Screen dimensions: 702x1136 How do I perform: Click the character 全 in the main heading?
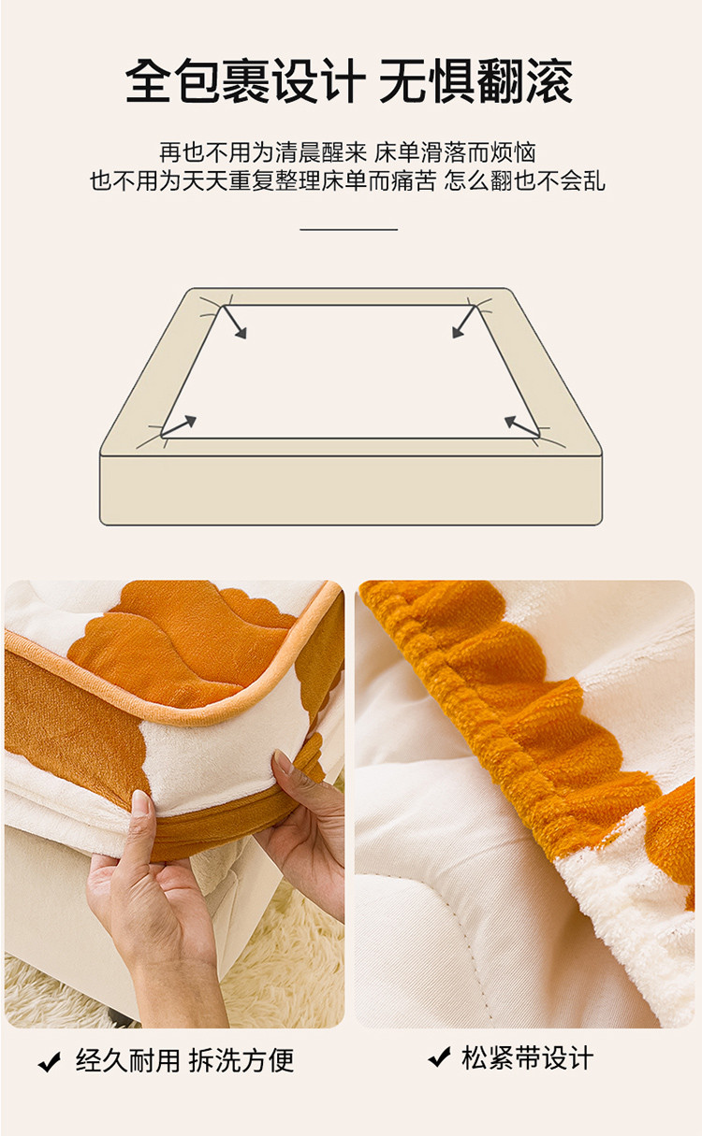click(x=148, y=81)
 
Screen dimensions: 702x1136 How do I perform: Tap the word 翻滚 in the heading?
click(x=525, y=81)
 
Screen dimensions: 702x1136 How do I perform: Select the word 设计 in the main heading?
click(x=319, y=81)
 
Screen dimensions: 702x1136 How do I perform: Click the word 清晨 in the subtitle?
click(x=298, y=152)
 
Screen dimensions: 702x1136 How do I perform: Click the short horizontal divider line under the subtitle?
click(x=348, y=230)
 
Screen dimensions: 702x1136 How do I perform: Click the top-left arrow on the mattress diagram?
click(x=234, y=322)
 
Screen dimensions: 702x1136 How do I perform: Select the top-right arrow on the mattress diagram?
click(x=464, y=321)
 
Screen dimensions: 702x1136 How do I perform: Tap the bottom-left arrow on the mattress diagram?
click(x=179, y=425)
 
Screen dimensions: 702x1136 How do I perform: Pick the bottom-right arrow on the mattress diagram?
click(x=520, y=425)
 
